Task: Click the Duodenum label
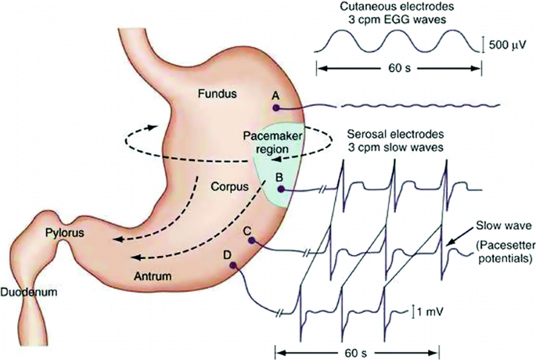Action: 31,291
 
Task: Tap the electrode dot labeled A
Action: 275,109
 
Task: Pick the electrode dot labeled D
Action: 232,265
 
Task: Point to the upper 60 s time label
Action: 399,68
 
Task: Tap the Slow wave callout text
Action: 493,225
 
